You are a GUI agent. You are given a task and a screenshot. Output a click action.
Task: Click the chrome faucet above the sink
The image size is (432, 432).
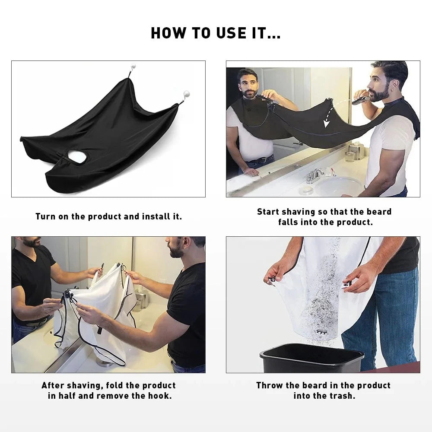click(314, 175)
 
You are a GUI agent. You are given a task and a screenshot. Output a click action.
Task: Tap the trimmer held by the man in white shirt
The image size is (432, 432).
click(360, 100)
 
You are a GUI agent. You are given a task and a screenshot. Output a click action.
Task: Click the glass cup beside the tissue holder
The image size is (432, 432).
click(349, 156)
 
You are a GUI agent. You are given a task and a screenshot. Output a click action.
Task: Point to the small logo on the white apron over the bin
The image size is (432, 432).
click(320, 332)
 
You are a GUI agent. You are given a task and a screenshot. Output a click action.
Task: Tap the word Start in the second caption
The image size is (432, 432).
click(268, 212)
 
